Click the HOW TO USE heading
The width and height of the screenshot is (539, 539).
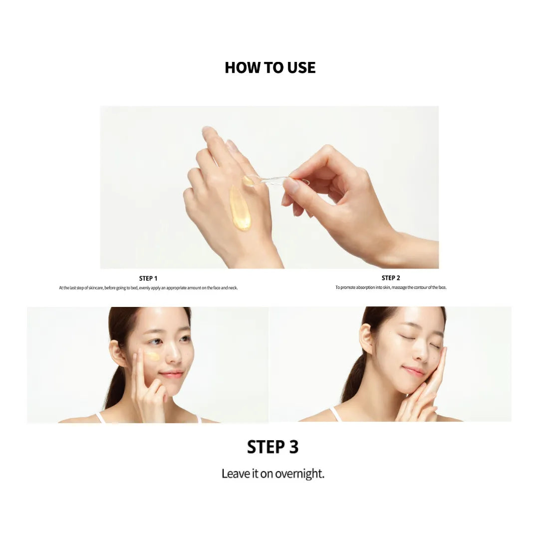(x=270, y=68)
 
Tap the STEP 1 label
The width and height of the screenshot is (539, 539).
(x=148, y=278)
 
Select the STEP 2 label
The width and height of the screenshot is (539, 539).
(x=391, y=278)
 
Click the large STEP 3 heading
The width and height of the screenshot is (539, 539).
(x=272, y=447)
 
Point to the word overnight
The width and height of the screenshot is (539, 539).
(x=300, y=474)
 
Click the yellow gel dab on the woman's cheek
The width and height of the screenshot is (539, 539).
(x=152, y=356)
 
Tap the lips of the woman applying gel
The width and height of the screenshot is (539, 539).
(x=171, y=374)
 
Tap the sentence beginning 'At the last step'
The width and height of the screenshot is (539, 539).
(x=148, y=288)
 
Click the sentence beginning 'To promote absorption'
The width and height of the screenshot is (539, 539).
(x=391, y=287)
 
